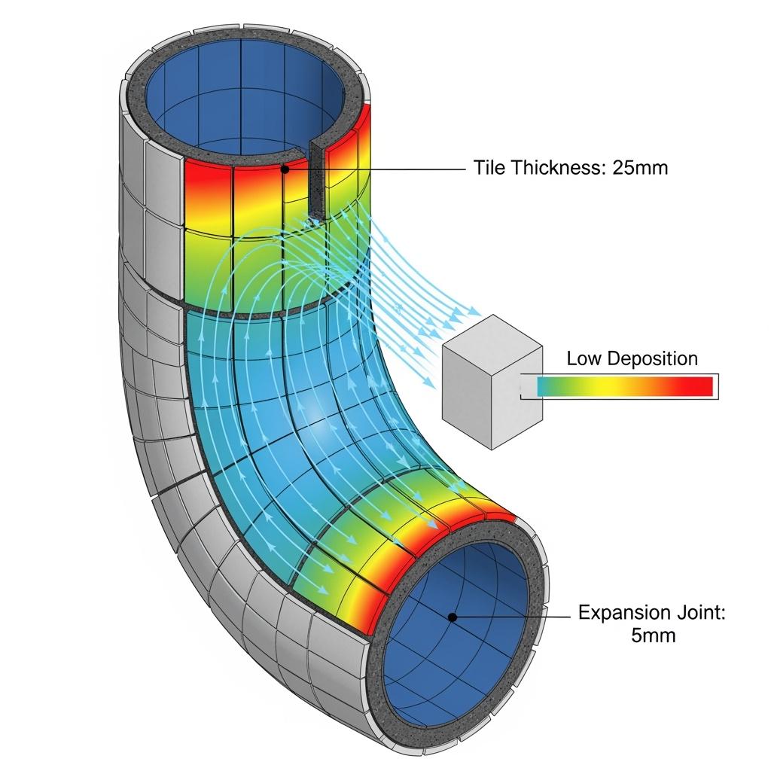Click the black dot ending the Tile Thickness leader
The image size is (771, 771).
coord(284,169)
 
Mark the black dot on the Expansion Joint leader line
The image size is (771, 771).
coord(453,617)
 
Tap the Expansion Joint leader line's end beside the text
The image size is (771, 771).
coord(571,617)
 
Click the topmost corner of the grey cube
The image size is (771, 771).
coord(492,315)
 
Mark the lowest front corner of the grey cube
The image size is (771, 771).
coord(492,449)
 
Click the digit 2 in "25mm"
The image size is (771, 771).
coord(617,168)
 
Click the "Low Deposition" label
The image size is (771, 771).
coord(632,358)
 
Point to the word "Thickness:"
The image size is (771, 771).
coord(558,168)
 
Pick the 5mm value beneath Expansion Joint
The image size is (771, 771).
coord(653,635)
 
